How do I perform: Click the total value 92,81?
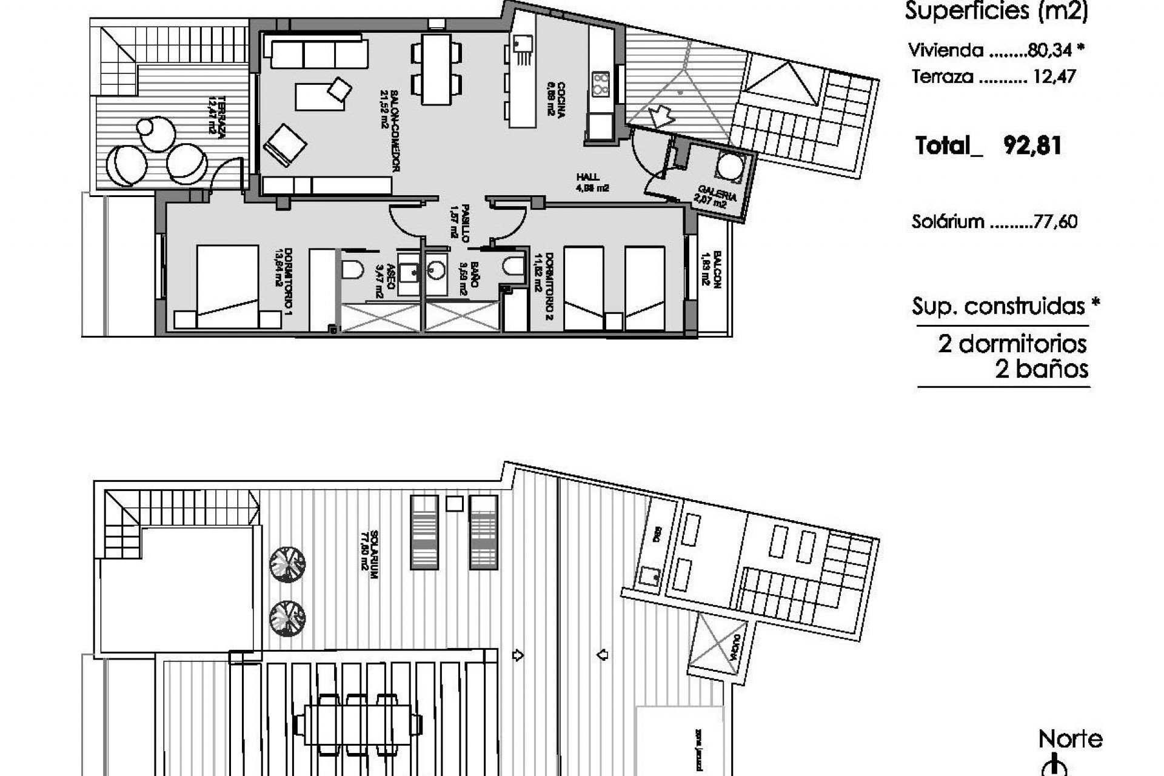[1032, 146]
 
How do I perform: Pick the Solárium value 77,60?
[1055, 222]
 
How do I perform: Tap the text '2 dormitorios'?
[1012, 344]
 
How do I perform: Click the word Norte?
[1070, 739]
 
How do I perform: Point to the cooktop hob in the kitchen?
[600, 84]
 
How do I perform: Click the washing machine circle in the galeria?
[729, 167]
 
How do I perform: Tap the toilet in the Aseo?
[353, 269]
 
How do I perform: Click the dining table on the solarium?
[358, 723]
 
